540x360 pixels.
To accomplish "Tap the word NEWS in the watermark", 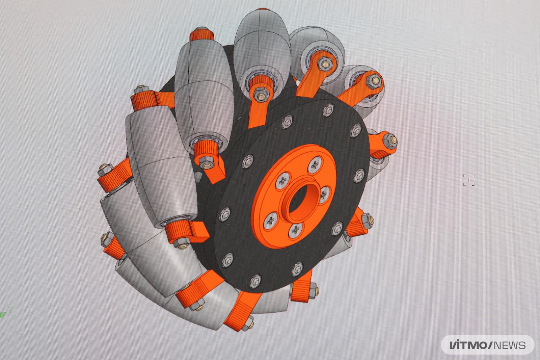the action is point(510,345).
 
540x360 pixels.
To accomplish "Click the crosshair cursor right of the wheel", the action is point(469,180).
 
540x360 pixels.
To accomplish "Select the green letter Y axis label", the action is point(10,309).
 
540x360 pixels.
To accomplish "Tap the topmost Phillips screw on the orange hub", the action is point(315,165).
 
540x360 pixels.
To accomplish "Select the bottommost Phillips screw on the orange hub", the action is point(296,231).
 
